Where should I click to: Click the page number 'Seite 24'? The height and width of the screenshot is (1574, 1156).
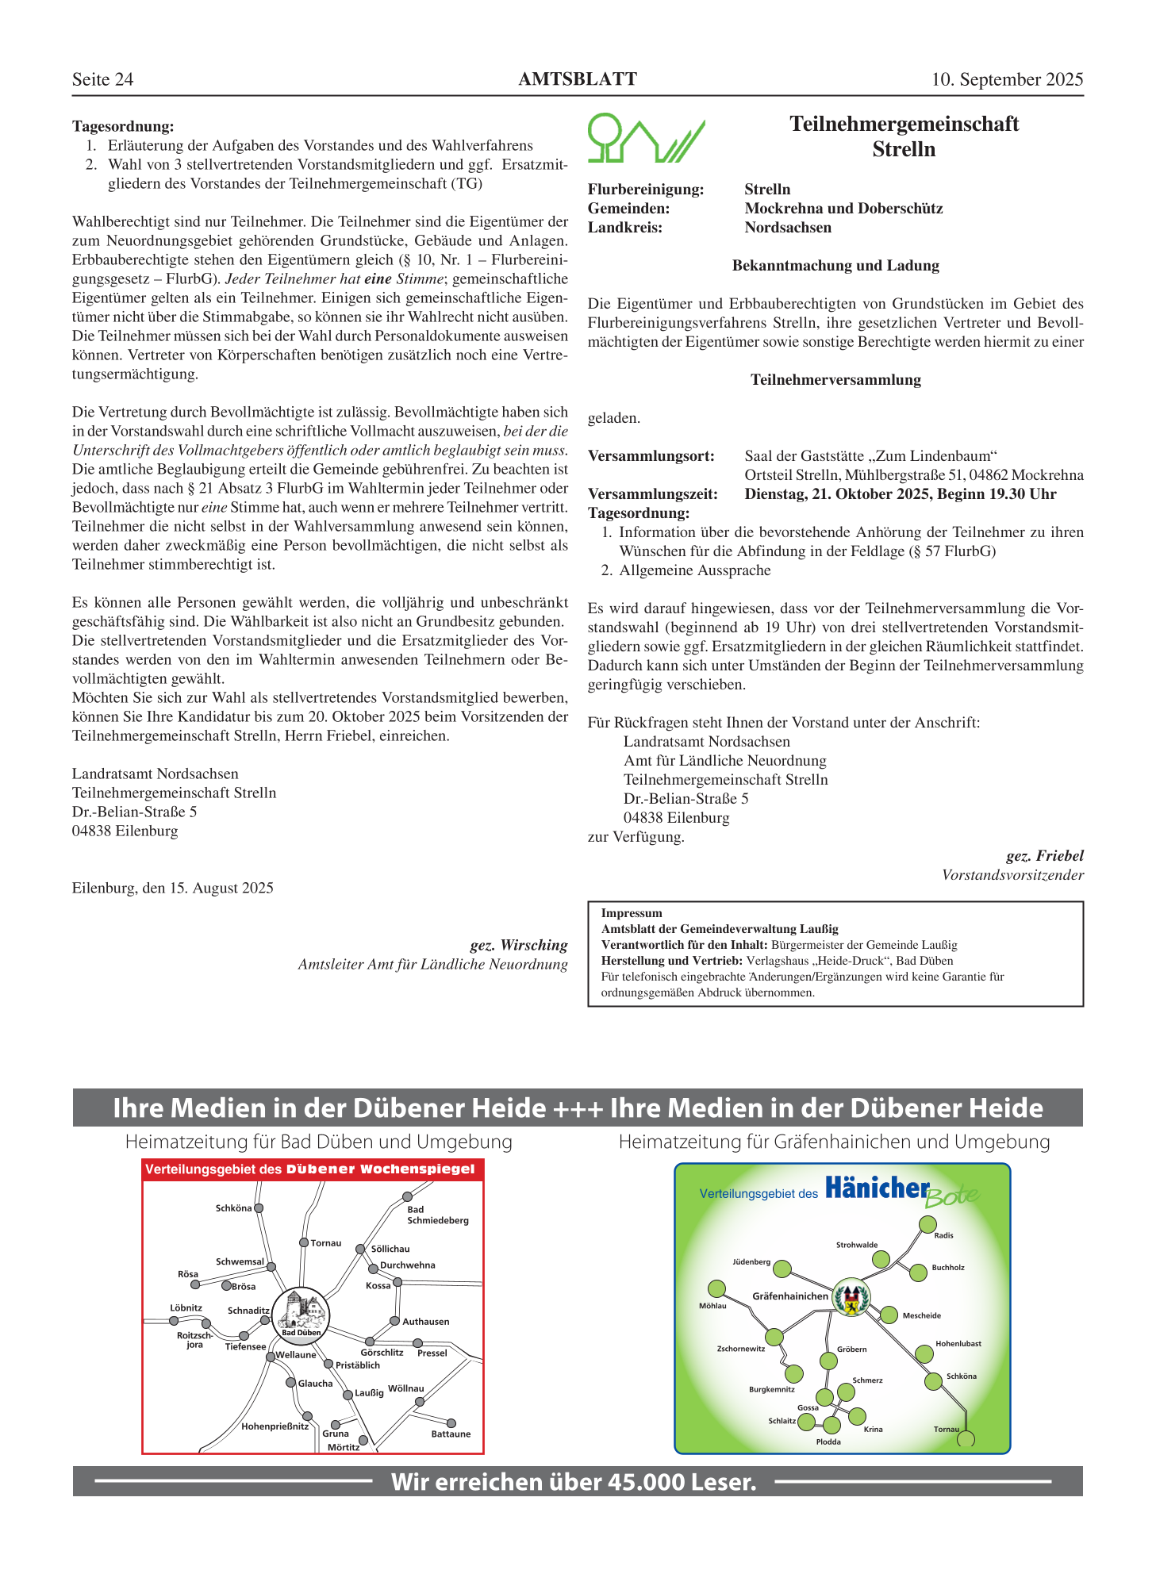(102, 79)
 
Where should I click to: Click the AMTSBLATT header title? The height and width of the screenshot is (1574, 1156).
(578, 79)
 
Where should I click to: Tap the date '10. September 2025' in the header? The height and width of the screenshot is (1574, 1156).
(1007, 79)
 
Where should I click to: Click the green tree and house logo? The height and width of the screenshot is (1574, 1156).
(645, 138)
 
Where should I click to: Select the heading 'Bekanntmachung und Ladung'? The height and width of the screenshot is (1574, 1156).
(835, 266)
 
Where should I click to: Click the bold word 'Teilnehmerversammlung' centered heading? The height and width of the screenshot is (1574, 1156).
(835, 380)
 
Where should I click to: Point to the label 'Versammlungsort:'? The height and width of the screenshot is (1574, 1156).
(651, 456)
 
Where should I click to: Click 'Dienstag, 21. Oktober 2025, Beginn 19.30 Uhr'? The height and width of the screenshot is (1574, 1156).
(901, 494)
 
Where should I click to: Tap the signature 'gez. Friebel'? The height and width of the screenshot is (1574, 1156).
(1044, 856)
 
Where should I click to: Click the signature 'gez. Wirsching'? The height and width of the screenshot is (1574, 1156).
(519, 945)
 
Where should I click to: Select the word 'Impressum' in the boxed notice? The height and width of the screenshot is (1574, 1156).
(632, 913)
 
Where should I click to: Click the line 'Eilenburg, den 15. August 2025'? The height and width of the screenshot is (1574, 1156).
(173, 889)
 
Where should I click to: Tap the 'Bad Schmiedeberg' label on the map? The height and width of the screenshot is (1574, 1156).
(437, 1215)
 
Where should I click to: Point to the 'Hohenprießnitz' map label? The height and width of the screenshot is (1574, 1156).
(275, 1426)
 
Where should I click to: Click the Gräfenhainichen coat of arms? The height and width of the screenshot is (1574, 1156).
(851, 1297)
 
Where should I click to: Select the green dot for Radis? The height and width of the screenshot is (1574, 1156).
(927, 1224)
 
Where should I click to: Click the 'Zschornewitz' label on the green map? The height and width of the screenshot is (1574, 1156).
(741, 1349)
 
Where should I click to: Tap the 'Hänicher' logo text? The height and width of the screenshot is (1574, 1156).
(877, 1188)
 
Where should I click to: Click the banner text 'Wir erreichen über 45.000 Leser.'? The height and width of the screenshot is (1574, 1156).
(574, 1482)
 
